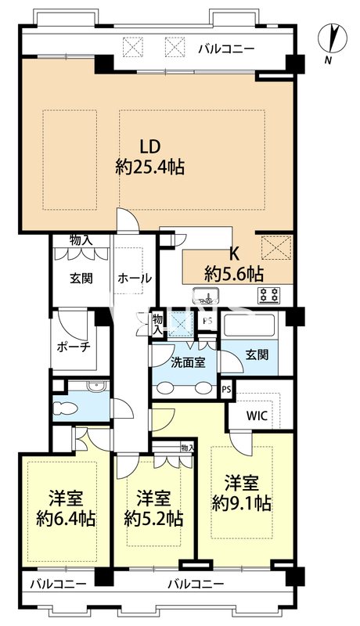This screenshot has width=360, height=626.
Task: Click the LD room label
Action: click(151, 146)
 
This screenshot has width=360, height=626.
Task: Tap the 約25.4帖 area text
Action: click(150, 167)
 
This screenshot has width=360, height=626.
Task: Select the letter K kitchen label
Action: click(232, 254)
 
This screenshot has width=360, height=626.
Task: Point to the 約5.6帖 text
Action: click(234, 273)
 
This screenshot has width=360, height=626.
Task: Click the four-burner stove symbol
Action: click(269, 296)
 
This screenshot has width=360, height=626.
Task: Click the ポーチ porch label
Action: click(74, 347)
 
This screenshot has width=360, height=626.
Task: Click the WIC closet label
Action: click(258, 416)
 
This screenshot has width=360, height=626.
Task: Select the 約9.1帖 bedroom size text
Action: click(242, 503)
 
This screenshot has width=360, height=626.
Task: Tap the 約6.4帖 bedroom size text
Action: click(65, 518)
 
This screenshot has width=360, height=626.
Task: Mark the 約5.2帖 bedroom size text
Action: click(154, 518)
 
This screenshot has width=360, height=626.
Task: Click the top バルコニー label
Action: click(225, 49)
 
